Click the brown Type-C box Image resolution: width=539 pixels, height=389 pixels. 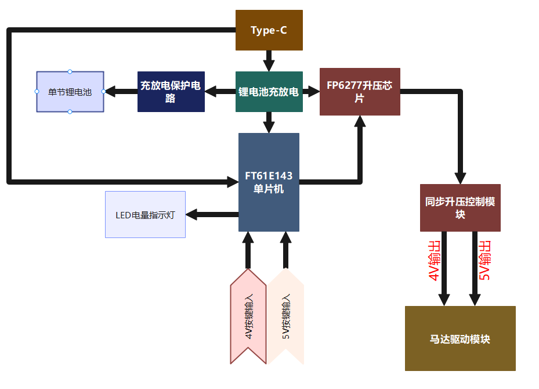[269, 30]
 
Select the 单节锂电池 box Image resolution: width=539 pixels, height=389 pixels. [70, 92]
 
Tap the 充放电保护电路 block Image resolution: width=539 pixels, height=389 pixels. [171, 92]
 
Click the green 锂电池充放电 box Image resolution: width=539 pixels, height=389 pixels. [269, 92]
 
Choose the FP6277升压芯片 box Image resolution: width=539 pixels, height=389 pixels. [360, 92]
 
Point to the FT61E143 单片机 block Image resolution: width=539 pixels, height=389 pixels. [269, 182]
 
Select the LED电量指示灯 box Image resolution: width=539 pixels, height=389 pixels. [145, 215]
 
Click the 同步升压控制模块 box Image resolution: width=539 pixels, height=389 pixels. [460, 208]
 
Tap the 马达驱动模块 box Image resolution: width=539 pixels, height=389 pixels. [460, 338]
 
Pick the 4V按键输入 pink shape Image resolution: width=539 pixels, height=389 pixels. [248, 316]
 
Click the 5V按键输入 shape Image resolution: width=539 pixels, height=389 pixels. [285, 316]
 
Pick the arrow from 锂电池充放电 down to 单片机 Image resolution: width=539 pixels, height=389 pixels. [269, 122]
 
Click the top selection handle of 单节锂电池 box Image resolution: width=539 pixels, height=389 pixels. [70, 71]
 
